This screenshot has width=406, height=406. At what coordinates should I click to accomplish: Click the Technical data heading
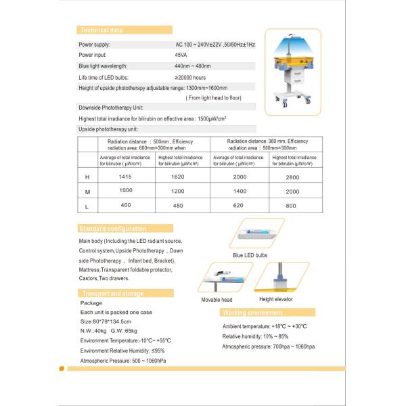[x=101, y=30]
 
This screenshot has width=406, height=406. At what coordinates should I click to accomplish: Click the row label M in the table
[x=87, y=192]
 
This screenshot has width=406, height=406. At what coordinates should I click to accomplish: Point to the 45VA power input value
[x=181, y=55]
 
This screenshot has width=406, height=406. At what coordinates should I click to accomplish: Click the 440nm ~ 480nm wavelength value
[x=193, y=66]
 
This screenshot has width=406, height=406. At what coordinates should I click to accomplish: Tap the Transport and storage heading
[x=112, y=293]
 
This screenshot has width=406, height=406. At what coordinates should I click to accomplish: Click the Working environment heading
[x=253, y=313]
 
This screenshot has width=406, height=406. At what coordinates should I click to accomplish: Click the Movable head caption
[x=217, y=300]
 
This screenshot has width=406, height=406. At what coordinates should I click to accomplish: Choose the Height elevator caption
[x=276, y=299]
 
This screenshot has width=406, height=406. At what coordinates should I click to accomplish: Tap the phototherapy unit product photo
[x=292, y=71]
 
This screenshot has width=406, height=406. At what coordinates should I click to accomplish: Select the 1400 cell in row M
[x=234, y=191]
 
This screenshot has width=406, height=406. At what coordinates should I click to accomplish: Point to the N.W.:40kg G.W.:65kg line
[x=108, y=331]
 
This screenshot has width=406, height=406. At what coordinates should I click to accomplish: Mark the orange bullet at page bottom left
[x=62, y=369]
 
